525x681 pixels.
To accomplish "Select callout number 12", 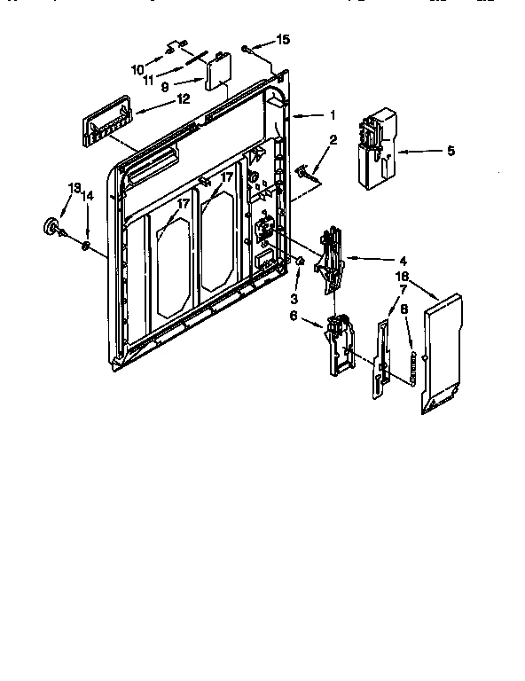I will coord(183,99).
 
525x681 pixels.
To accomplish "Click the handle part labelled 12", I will coord(105,118).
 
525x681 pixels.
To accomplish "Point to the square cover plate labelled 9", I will coord(215,73).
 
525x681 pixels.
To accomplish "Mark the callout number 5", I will coord(450,152).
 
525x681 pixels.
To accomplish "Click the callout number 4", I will coord(402,261).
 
